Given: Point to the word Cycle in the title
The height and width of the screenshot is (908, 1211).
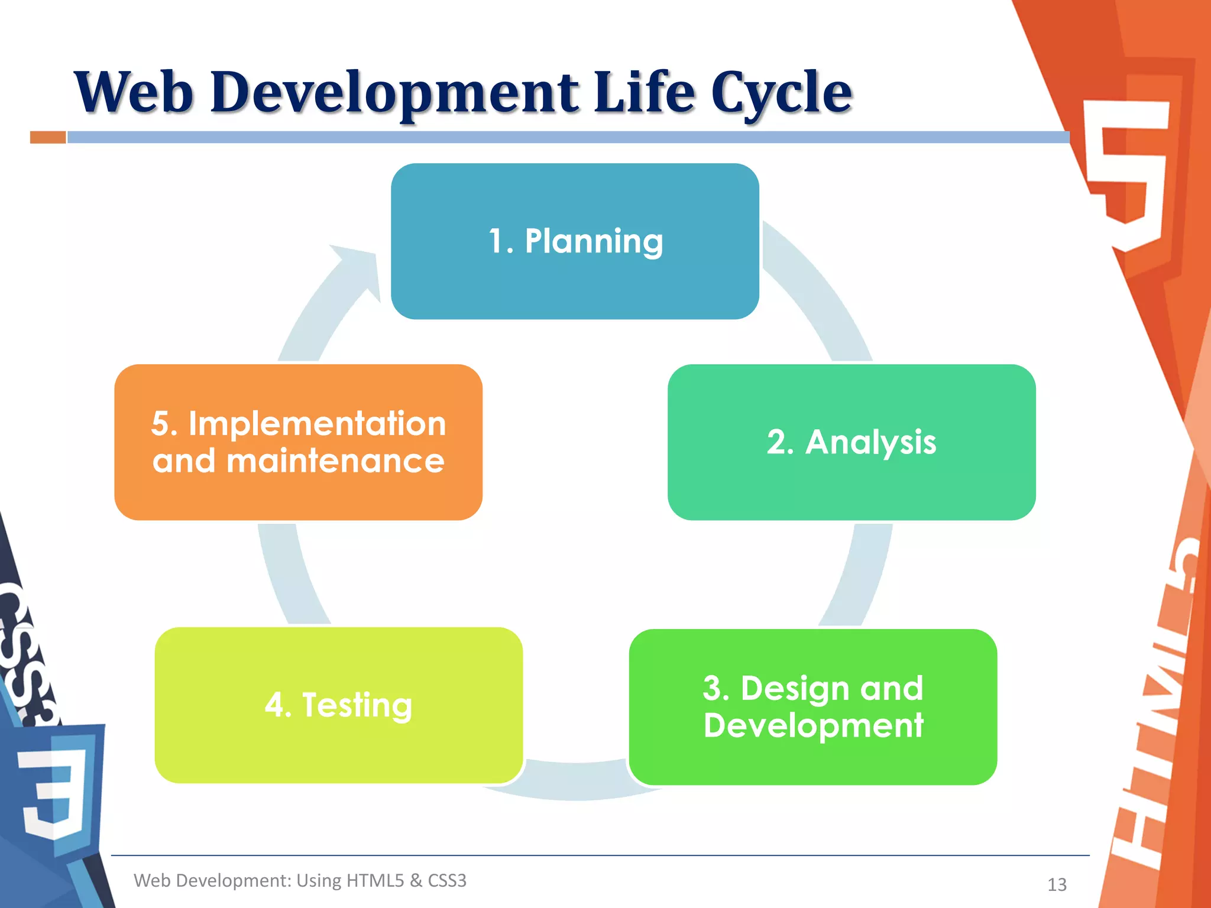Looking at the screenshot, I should (781, 93).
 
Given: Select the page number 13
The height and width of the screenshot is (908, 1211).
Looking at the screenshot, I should (1057, 884).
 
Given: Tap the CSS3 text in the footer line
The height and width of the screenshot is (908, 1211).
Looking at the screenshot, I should (447, 880).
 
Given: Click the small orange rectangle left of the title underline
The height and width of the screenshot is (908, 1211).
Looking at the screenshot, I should (48, 137).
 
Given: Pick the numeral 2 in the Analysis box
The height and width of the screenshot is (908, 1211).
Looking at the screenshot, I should (780, 442).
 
